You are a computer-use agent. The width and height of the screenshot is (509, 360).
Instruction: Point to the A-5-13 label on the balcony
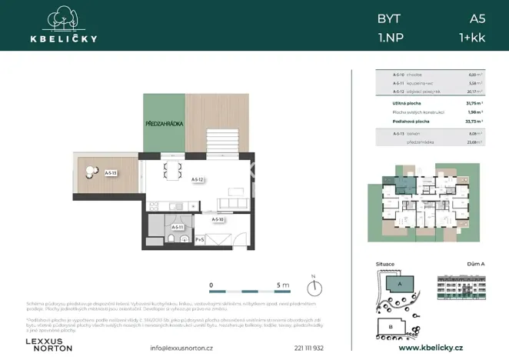point(111,174)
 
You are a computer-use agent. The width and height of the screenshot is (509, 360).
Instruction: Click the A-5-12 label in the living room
point(197,179)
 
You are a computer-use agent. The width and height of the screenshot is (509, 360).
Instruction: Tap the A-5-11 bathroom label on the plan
point(177,227)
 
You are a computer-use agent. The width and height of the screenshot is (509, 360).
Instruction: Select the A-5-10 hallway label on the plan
point(218,220)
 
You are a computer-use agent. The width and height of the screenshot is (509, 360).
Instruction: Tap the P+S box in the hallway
point(200,240)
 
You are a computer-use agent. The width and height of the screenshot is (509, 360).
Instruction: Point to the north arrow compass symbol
point(313,288)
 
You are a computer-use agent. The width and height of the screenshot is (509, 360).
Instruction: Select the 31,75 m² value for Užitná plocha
point(474,103)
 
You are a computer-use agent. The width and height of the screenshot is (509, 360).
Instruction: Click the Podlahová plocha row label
point(411,121)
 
